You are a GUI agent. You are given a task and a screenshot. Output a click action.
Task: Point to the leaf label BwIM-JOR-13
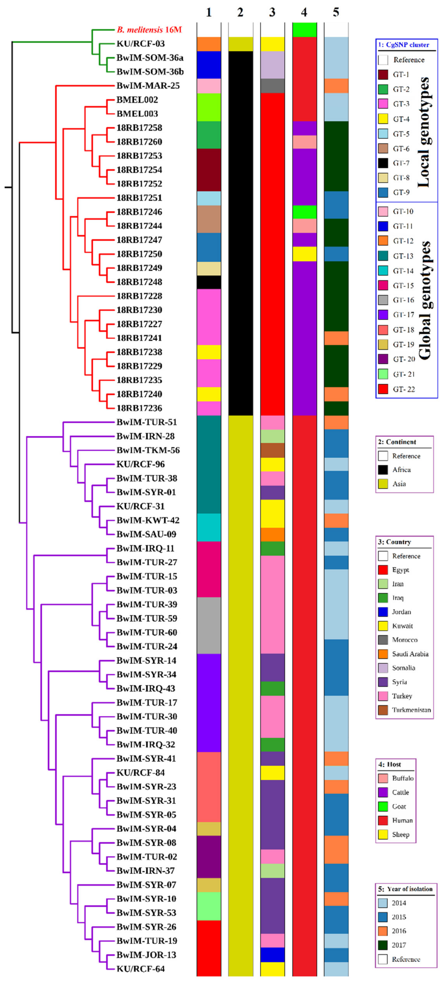pyautogui.click(x=146, y=955)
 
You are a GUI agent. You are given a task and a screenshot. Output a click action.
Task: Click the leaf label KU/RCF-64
pyautogui.click(x=141, y=969)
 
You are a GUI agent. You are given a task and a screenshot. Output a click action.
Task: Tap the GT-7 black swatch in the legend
pyautogui.click(x=383, y=163)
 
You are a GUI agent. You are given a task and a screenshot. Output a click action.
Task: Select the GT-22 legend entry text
pyautogui.click(x=404, y=389)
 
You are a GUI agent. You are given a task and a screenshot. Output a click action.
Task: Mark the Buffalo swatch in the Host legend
pyautogui.click(x=383, y=778)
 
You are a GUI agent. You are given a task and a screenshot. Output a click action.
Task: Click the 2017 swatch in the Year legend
pyautogui.click(x=383, y=945)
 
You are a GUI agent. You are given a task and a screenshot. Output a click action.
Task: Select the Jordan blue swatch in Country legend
pyautogui.click(x=383, y=612)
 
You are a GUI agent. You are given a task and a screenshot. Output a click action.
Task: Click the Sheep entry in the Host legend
pyautogui.click(x=400, y=834)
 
